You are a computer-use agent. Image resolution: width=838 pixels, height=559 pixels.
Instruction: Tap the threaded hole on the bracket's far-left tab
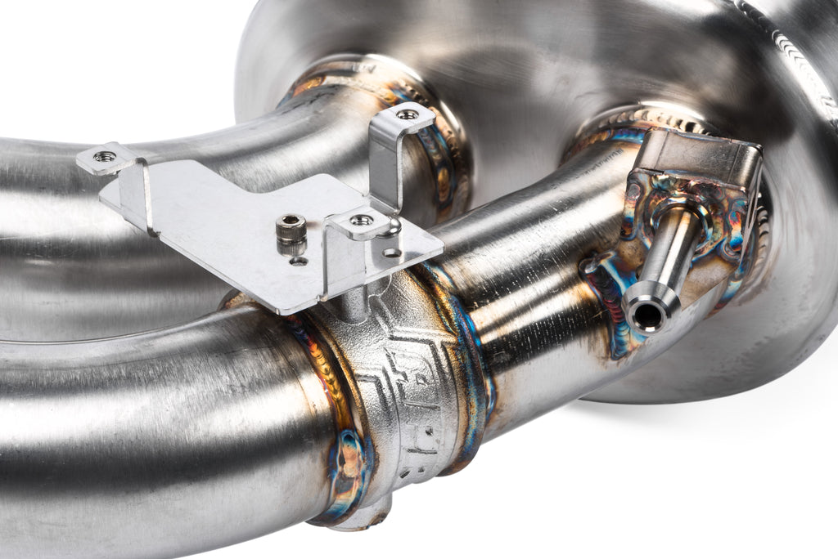click(104, 156)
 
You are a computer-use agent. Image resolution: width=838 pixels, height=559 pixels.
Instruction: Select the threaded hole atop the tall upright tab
click(407, 114)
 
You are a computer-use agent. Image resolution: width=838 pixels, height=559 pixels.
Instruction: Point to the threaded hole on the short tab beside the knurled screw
click(360, 220)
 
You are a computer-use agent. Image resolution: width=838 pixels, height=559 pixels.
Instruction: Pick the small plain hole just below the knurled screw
click(299, 261)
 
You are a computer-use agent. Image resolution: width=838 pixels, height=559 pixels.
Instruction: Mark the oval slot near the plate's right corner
click(392, 253)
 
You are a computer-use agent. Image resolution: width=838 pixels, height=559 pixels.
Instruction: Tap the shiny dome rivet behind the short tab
click(393, 226)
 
